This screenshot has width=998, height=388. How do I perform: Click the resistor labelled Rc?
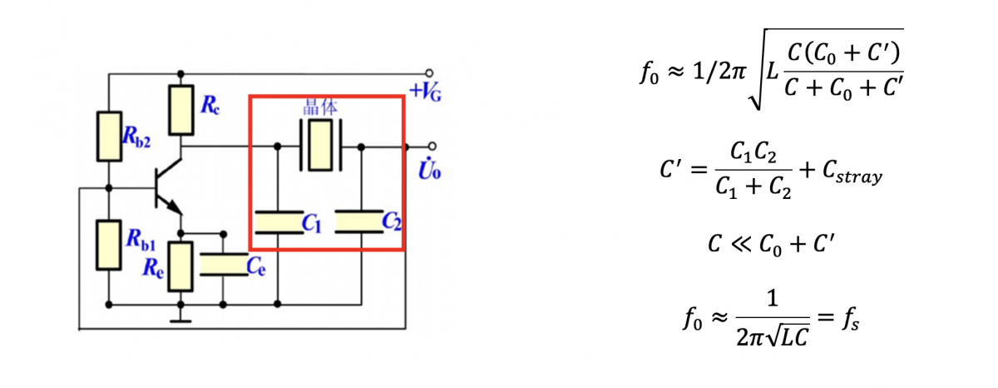[181, 110]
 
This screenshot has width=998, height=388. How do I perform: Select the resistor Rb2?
[109, 136]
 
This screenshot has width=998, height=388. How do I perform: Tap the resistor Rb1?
[109, 245]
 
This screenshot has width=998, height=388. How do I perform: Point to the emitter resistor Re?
[180, 266]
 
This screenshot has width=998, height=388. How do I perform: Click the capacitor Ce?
[224, 265]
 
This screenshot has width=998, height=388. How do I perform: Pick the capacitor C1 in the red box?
[279, 222]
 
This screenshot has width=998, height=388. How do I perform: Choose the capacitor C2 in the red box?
[359, 221]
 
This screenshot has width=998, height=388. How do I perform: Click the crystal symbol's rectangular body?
[320, 145]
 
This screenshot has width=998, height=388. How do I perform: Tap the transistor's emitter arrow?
[175, 206]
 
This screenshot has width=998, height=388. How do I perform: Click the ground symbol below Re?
[180, 321]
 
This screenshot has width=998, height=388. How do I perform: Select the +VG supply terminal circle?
[429, 73]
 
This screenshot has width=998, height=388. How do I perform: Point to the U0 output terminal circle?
[432, 146]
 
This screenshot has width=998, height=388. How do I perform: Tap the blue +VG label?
[426, 92]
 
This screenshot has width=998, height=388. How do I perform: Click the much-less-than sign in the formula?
[740, 245]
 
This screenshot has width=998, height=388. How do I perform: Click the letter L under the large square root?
[772, 72]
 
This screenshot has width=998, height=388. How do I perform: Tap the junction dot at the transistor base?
[109, 188]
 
